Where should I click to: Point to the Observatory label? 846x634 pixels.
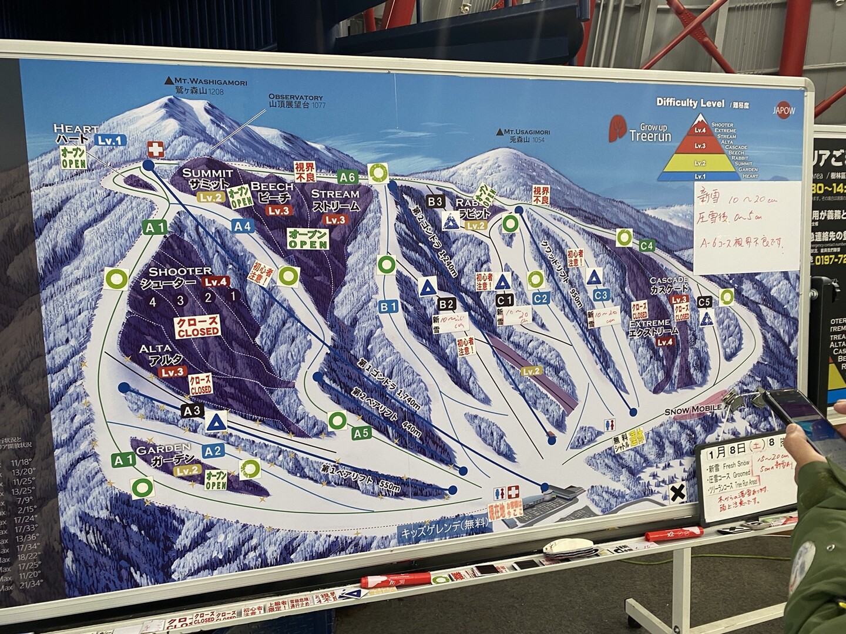pos(296,100)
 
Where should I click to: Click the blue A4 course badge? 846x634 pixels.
pos(242,225)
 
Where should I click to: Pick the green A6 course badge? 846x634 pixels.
pos(347,177)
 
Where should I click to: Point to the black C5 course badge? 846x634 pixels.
pos(705,302)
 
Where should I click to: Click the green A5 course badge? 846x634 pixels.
pos(362,434)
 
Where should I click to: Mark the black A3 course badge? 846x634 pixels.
pos(192,411)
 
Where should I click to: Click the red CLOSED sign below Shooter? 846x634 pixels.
pos(198,326)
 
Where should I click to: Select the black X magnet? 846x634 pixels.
pos(678,494)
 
